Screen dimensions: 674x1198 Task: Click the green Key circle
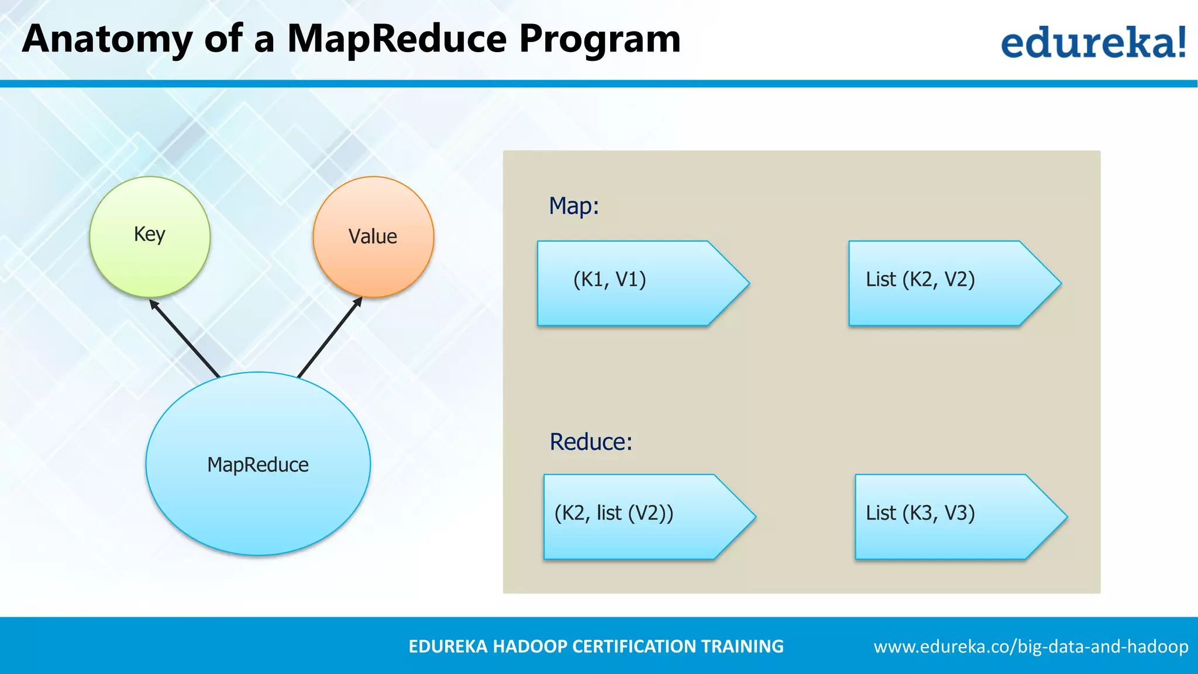pyautogui.click(x=150, y=237)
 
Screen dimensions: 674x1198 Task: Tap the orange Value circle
pyautogui.click(x=373, y=237)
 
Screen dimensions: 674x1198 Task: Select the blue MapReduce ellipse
pyautogui.click(x=258, y=463)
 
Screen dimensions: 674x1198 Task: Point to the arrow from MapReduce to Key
pyautogui.click(x=184, y=338)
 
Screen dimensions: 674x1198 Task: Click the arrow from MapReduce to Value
pyautogui.click(x=329, y=338)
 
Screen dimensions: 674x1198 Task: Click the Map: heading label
pyautogui.click(x=574, y=207)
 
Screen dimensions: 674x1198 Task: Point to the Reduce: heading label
pyautogui.click(x=591, y=442)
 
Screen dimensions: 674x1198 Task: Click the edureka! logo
pyautogui.click(x=1093, y=42)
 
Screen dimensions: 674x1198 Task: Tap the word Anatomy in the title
pyautogui.click(x=107, y=40)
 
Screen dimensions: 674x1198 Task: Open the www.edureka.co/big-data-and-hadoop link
pyautogui.click(x=1031, y=647)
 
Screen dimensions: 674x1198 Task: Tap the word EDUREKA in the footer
pyautogui.click(x=447, y=647)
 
